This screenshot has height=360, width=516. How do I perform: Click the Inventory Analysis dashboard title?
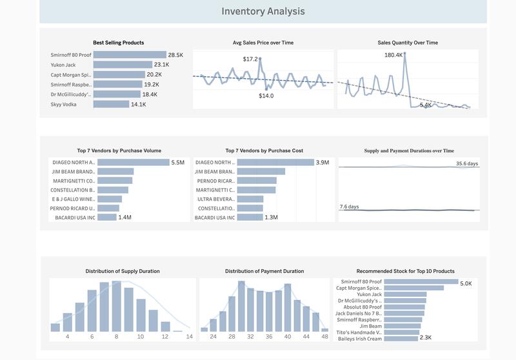263,11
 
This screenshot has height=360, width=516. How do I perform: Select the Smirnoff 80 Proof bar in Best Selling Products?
130,55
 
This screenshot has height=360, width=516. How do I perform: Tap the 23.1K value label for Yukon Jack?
161,65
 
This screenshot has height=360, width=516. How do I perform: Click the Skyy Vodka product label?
64,104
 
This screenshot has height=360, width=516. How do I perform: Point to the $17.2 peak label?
250,59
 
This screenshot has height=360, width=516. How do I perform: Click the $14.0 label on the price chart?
266,95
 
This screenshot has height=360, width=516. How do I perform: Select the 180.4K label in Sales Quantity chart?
393,55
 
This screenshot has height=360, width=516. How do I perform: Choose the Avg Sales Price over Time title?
263,43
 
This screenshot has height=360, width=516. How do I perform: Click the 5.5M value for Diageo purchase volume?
178,163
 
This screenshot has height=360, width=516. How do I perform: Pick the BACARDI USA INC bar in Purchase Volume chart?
106,217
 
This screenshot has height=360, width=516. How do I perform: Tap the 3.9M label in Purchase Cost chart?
322,163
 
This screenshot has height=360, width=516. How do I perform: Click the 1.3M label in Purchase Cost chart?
271,217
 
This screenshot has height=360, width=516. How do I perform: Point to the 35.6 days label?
466,164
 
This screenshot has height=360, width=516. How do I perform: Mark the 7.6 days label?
349,206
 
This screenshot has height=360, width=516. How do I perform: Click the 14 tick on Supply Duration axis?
189,337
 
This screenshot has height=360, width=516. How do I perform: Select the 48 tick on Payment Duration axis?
324,337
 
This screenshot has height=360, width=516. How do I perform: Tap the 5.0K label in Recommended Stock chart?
466,283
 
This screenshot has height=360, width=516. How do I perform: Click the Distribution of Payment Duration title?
264,271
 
